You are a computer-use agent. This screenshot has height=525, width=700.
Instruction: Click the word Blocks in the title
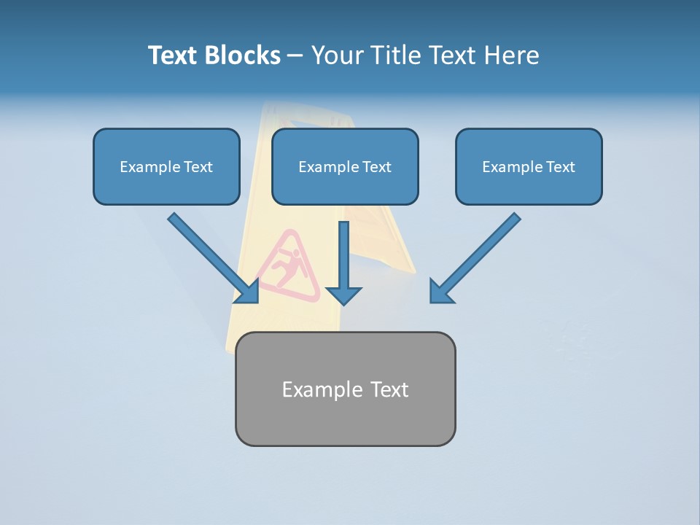click(244, 55)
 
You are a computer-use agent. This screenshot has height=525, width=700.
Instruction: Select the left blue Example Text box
click(166, 166)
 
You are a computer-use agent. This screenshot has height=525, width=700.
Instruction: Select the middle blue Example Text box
click(345, 166)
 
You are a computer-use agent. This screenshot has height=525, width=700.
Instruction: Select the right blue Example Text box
click(529, 166)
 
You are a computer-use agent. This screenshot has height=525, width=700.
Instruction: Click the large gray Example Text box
click(345, 389)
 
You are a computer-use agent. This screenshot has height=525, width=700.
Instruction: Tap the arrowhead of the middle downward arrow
click(344, 295)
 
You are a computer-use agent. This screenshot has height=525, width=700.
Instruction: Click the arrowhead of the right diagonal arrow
click(440, 291)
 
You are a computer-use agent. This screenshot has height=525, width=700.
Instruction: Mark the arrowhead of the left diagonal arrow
click(249, 292)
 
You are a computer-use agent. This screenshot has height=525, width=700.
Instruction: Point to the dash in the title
click(295, 56)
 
